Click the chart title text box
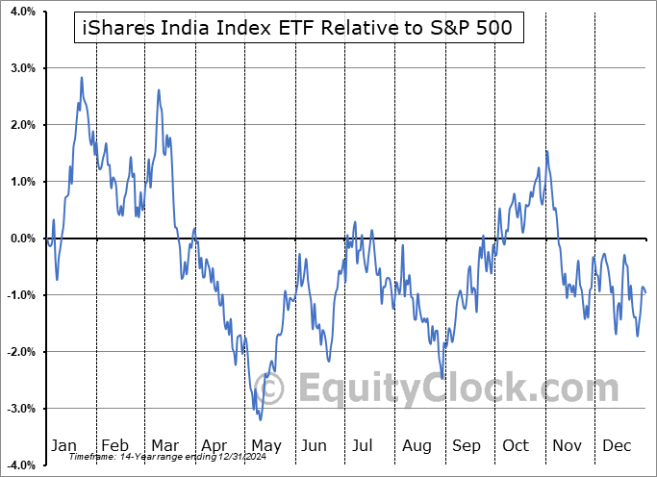pyautogui.click(x=298, y=31)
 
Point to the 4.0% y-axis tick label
pyautogui.click(x=22, y=12)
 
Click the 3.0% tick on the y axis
pyautogui.click(x=22, y=68)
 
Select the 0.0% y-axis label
pyautogui.click(x=22, y=238)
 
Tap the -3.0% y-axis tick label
pyautogui.click(x=20, y=409)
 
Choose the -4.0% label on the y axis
pyautogui.click(x=20, y=465)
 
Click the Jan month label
pyautogui.click(x=64, y=446)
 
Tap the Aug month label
pyautogui.click(x=418, y=446)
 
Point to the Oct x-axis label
pyautogui.click(x=517, y=446)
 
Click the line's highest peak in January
pyautogui.click(x=82, y=77)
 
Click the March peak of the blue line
pyautogui.click(x=159, y=89)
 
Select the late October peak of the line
pyautogui.click(x=546, y=151)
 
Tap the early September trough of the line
pyautogui.click(x=442, y=378)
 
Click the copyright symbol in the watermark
pyautogui.click(x=271, y=389)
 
